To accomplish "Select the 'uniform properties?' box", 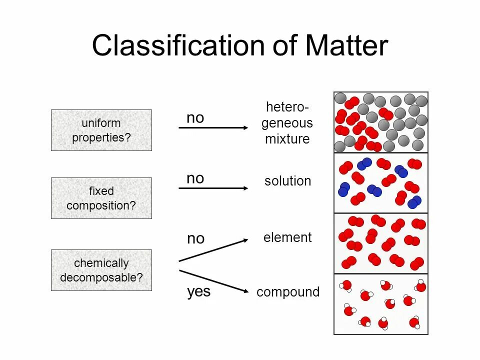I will point(101,130).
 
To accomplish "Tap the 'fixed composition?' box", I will point(101,198).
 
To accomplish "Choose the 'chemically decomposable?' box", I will point(101,270).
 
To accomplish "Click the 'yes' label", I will point(198,292).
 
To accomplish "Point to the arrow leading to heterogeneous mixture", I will point(213,128).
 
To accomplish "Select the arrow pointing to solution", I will point(213,188).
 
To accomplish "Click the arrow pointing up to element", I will point(213,250).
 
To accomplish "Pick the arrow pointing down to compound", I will point(213,280).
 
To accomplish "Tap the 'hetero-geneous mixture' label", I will point(287,123).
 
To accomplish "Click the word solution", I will point(287,181).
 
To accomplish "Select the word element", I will point(287,237).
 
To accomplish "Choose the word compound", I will point(287,292).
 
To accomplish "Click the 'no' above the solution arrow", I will point(195,178).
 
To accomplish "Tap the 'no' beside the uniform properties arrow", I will point(195,118).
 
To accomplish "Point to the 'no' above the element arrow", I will point(195,239).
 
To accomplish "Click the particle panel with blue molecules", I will point(381,183).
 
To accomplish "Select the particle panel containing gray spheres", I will point(381,122).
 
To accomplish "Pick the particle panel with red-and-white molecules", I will point(381,304).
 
